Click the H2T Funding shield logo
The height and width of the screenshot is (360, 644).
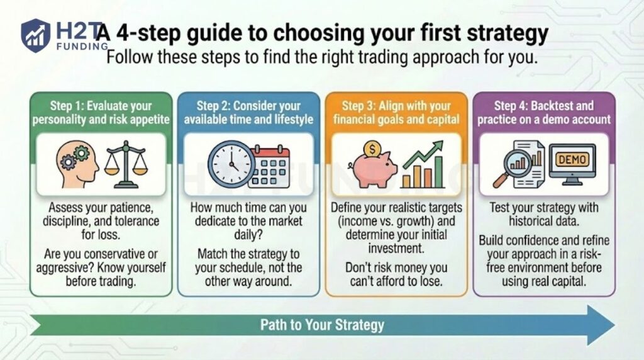coord(35,35)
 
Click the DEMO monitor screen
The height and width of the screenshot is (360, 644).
coord(572,160)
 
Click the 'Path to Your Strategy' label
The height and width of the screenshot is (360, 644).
coord(322,325)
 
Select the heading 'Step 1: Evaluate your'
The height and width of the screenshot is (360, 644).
coord(101,106)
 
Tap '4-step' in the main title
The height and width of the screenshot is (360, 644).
coord(153,33)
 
